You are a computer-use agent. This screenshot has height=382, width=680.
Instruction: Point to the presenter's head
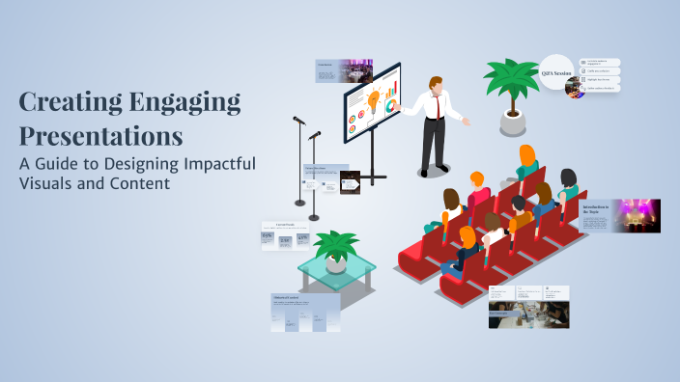pyautogui.click(x=437, y=84)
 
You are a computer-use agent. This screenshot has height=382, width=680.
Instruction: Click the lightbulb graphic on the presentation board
pyautogui.click(x=373, y=98)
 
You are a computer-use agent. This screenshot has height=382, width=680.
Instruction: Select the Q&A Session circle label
pyautogui.click(x=556, y=73)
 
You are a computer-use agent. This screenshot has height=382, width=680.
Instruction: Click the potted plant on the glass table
pyautogui.click(x=335, y=249)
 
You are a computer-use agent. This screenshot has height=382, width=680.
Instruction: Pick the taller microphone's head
pyautogui.click(x=298, y=121)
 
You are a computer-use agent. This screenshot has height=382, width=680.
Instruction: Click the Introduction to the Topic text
pyautogui.click(x=596, y=207)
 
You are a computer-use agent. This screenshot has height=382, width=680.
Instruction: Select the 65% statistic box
pyautogui.click(x=268, y=237)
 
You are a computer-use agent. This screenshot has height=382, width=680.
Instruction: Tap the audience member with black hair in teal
pyautogui.click(x=568, y=183)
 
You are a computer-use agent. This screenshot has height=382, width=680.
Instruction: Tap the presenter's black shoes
pyautogui.click(x=430, y=173)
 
